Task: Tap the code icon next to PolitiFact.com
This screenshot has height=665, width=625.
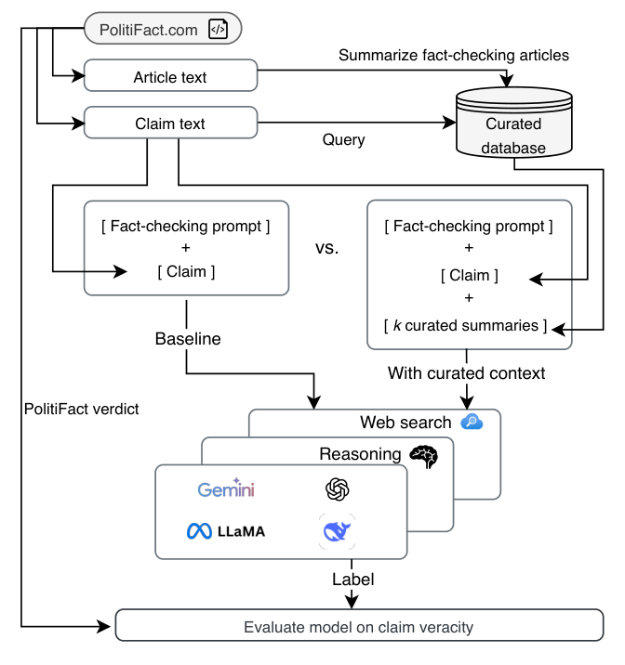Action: tap(217, 30)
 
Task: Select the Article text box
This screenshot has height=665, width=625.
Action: tap(170, 76)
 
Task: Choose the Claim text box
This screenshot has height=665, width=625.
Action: tap(170, 124)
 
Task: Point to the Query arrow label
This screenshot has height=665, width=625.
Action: tap(343, 140)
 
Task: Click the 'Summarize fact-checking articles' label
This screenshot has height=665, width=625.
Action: tap(453, 56)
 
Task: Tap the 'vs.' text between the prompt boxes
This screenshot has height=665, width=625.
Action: tap(327, 249)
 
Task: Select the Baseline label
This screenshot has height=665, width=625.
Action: tap(188, 339)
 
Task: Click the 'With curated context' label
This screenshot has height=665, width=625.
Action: tap(466, 373)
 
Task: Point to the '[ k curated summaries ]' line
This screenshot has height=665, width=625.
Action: tap(466, 326)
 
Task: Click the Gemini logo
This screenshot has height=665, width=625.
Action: tap(226, 489)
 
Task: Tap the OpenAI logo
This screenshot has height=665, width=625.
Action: tap(337, 489)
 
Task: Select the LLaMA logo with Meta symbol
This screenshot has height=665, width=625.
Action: tap(225, 531)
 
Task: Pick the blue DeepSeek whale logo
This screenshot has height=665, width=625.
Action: tap(337, 531)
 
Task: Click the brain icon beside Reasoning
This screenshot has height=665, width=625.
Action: tap(424, 455)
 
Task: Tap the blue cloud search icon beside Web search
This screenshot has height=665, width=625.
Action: tap(472, 422)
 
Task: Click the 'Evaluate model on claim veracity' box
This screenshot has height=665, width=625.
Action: tap(358, 627)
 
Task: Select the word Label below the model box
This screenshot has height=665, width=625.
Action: tap(352, 580)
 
